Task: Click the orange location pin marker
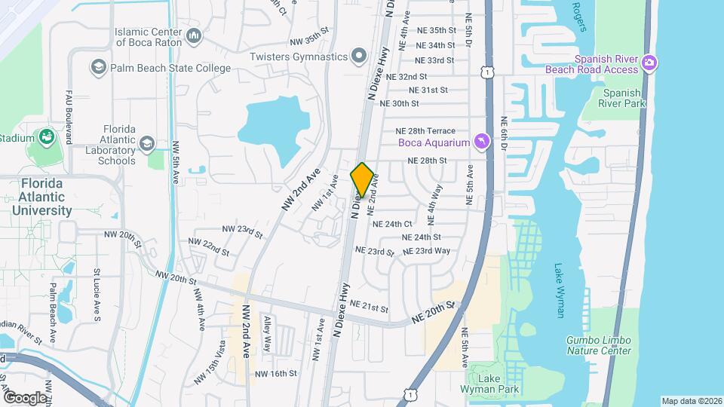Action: coord(362,179)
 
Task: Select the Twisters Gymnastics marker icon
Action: coord(359,57)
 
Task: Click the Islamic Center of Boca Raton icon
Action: coord(195,36)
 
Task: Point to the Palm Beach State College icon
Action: coord(98,68)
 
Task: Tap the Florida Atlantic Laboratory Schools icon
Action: coord(146,143)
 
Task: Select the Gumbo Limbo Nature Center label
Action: coord(598,345)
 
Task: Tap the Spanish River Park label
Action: coord(621,99)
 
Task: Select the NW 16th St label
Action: coord(275,373)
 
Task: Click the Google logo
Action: coord(24,397)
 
